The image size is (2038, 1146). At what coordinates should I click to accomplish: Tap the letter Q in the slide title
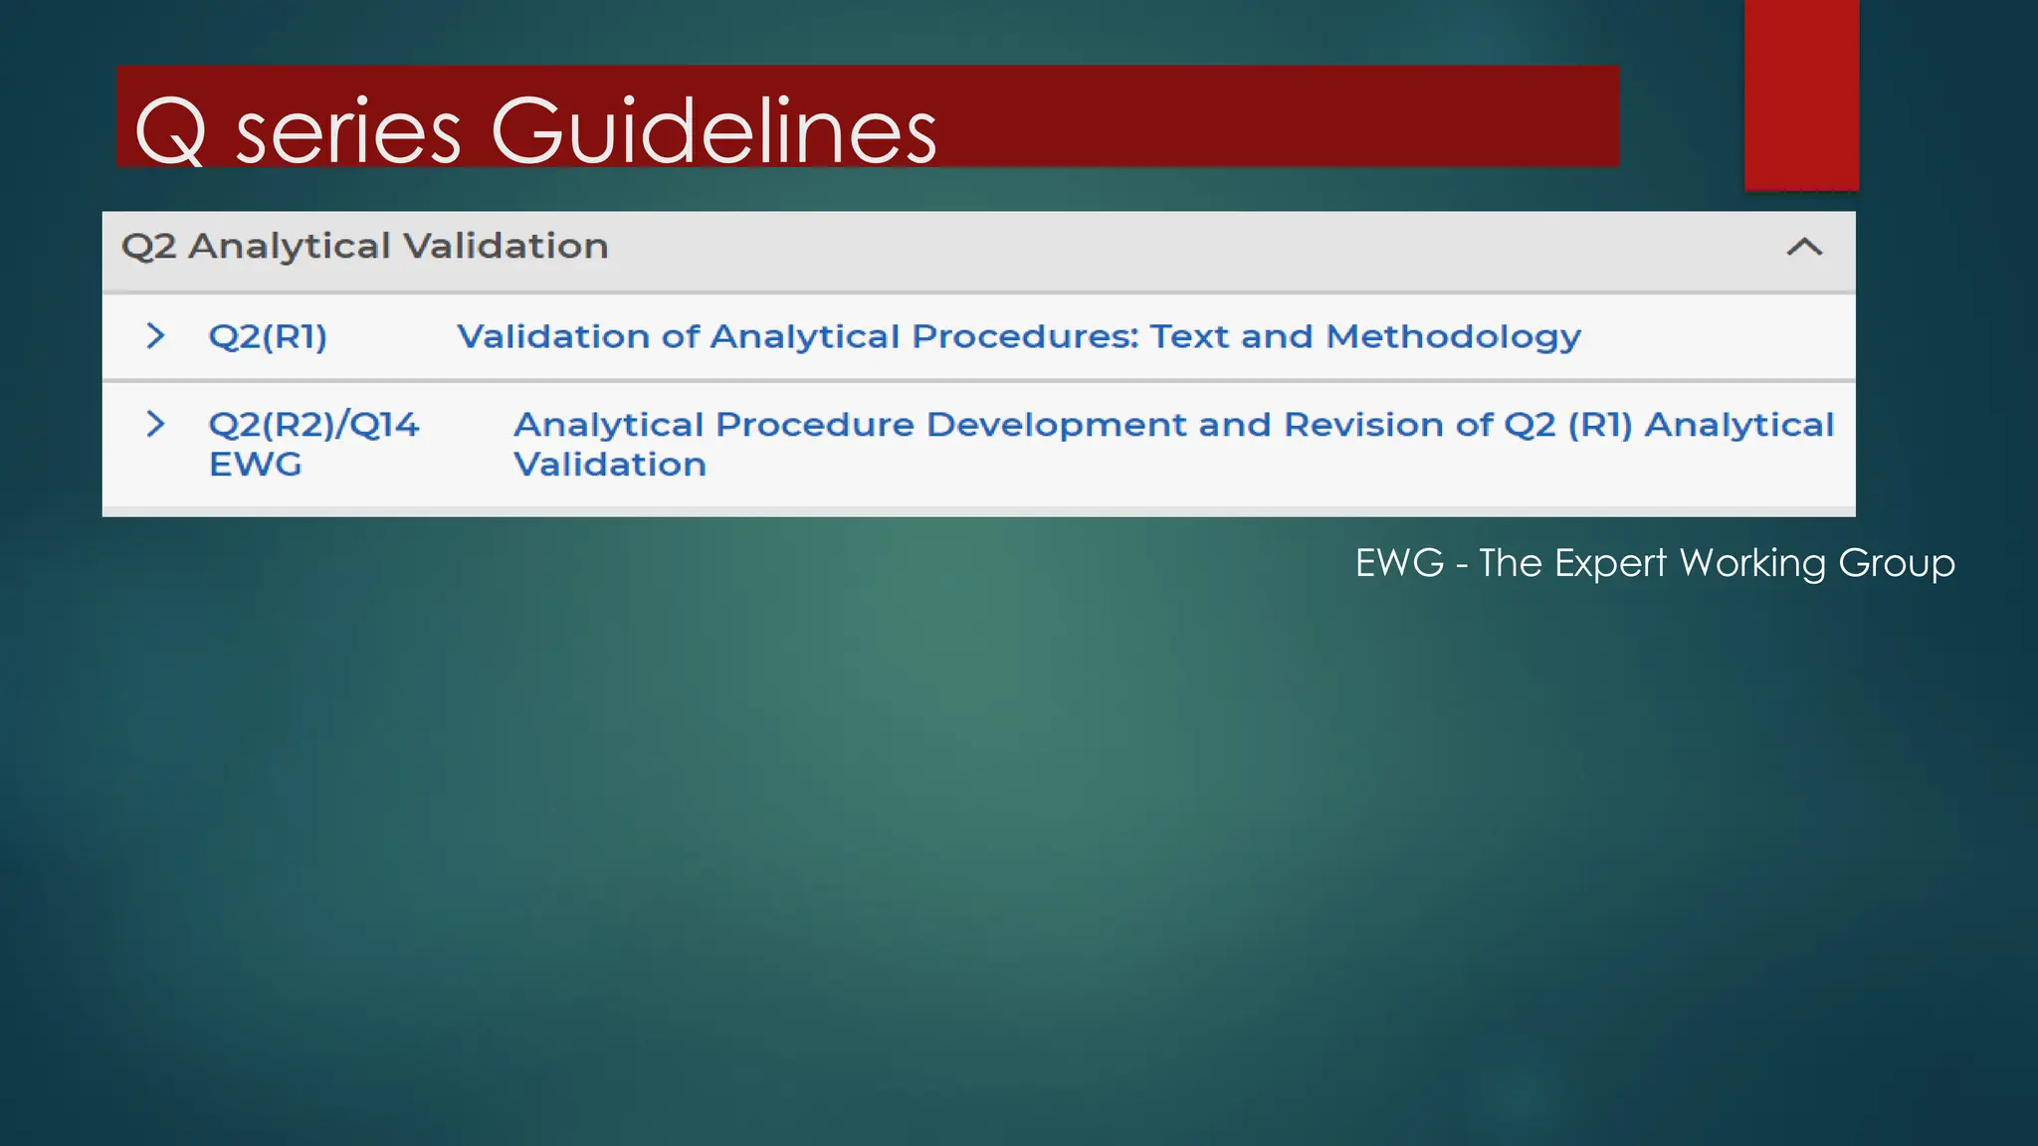pyautogui.click(x=170, y=132)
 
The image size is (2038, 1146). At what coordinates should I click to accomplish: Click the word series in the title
pyautogui.click(x=348, y=133)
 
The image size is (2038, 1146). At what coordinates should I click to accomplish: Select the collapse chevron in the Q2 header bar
pyautogui.click(x=1804, y=247)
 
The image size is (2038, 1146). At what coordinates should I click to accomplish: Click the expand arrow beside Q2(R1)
pyautogui.click(x=155, y=336)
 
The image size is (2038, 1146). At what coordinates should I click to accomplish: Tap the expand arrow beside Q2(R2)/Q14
pyautogui.click(x=155, y=424)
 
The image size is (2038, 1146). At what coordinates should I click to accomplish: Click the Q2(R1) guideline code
pyautogui.click(x=268, y=337)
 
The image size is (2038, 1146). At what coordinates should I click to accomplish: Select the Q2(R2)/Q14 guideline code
pyautogui.click(x=313, y=426)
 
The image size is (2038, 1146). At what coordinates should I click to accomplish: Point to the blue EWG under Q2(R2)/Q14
pyautogui.click(x=255, y=465)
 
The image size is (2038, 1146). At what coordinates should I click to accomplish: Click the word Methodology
pyautogui.click(x=1453, y=337)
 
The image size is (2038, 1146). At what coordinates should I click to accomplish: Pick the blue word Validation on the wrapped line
pyautogui.click(x=610, y=465)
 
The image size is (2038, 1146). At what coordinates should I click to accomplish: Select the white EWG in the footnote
pyautogui.click(x=1399, y=563)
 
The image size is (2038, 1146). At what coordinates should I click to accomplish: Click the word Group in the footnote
pyautogui.click(x=1896, y=564)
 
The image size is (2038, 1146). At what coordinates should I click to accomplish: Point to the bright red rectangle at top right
pyautogui.click(x=1801, y=95)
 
